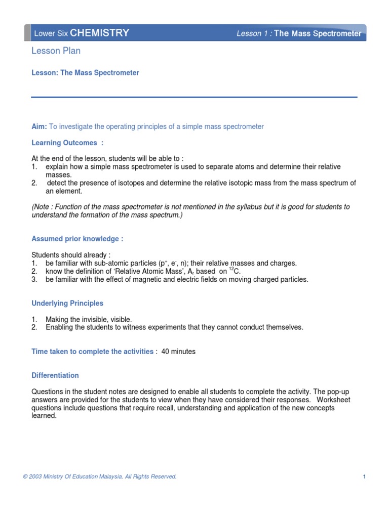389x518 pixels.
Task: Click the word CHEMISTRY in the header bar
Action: [99, 33]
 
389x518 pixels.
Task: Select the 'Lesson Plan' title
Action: [56, 51]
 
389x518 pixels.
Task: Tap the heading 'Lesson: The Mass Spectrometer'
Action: [85, 73]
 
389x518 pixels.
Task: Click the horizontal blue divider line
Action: [194, 97]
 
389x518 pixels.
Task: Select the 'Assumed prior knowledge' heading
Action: [77, 239]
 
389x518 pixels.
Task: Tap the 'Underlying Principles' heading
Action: [67, 304]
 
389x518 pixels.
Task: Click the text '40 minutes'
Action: [178, 352]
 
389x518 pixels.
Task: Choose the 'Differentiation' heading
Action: [55, 375]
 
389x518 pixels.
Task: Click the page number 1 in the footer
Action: [364, 477]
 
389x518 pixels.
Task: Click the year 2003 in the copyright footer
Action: [36, 477]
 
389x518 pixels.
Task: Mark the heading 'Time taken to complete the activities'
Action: [92, 352]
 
